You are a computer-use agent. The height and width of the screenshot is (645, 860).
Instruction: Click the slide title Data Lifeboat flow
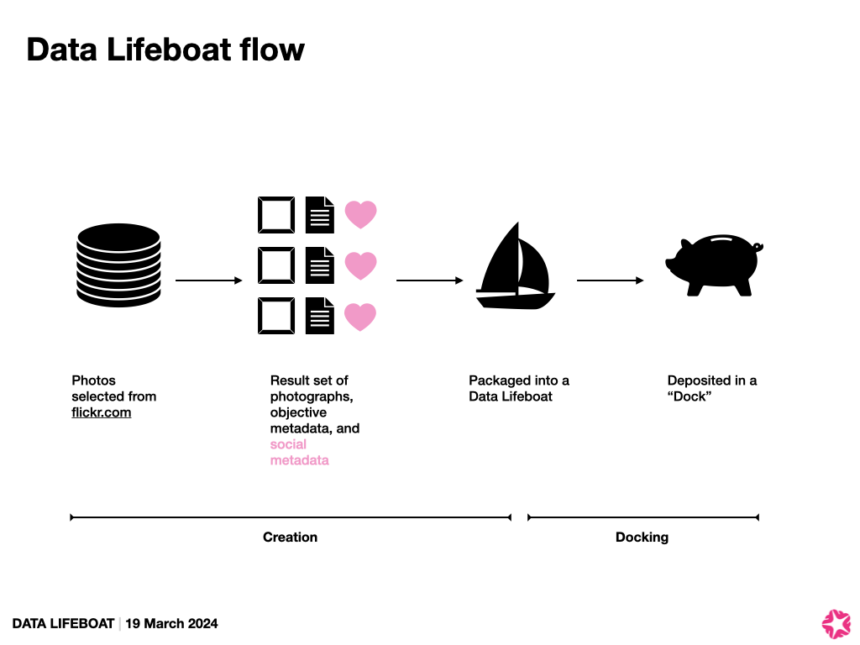pyautogui.click(x=165, y=50)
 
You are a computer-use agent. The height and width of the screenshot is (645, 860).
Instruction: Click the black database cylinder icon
pyautogui.click(x=118, y=265)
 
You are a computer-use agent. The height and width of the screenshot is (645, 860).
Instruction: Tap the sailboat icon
pyautogui.click(x=515, y=268)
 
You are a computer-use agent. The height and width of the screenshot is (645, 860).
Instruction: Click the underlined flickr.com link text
pyautogui.click(x=102, y=412)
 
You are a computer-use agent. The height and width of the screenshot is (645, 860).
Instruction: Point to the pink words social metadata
pyautogui.click(x=299, y=453)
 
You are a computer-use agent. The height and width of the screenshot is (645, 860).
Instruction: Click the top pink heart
pyautogui.click(x=360, y=214)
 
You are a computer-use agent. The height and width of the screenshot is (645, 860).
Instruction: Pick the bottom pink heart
pyautogui.click(x=360, y=317)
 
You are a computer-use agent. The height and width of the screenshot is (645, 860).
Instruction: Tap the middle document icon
pyautogui.click(x=319, y=265)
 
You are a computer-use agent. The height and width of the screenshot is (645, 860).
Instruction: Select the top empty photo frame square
pyautogui.click(x=275, y=214)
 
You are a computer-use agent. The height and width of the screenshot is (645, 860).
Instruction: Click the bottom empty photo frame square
pyautogui.click(x=275, y=317)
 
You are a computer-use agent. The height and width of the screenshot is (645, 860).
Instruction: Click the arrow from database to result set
pyautogui.click(x=208, y=281)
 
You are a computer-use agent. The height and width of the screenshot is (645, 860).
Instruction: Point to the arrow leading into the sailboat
pyautogui.click(x=429, y=281)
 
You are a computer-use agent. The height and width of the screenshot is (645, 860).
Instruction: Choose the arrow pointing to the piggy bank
pyautogui.click(x=611, y=281)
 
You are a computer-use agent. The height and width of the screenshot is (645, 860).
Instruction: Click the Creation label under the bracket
pyautogui.click(x=290, y=537)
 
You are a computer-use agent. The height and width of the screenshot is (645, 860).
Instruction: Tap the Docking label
pyautogui.click(x=642, y=537)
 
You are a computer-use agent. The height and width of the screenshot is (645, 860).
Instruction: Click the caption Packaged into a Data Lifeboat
pyautogui.click(x=518, y=388)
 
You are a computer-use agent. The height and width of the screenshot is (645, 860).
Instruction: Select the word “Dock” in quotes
pyautogui.click(x=689, y=396)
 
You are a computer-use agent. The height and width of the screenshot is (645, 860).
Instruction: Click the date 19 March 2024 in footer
pyautogui.click(x=171, y=623)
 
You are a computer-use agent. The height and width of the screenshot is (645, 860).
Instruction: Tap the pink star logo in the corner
pyautogui.click(x=836, y=622)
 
